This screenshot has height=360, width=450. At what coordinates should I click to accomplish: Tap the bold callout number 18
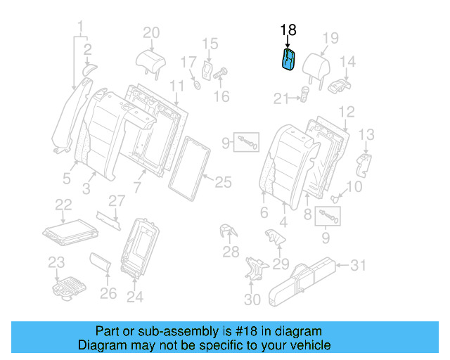[x=288, y=30]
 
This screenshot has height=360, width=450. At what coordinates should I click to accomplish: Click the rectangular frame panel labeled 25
[x=189, y=165]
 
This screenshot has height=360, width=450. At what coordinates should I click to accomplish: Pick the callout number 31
[x=359, y=265]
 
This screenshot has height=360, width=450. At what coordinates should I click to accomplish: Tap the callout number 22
[x=63, y=204]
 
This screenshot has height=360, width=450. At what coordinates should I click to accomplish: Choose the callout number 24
[x=134, y=297]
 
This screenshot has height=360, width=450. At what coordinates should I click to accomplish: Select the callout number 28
[x=231, y=252]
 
